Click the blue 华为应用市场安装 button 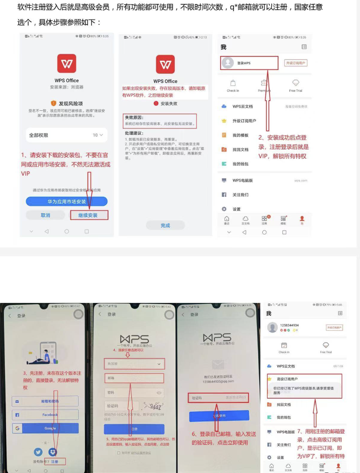(66, 202)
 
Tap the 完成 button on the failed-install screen (165, 226)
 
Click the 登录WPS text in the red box (244, 63)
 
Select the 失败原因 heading (134, 117)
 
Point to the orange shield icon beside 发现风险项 (54, 103)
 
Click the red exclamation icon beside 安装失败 (156, 103)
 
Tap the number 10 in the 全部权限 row (95, 135)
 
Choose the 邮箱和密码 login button (45, 401)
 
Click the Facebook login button (45, 415)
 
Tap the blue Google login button (45, 428)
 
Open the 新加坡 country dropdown (134, 364)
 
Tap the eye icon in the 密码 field (159, 393)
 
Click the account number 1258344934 (289, 325)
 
